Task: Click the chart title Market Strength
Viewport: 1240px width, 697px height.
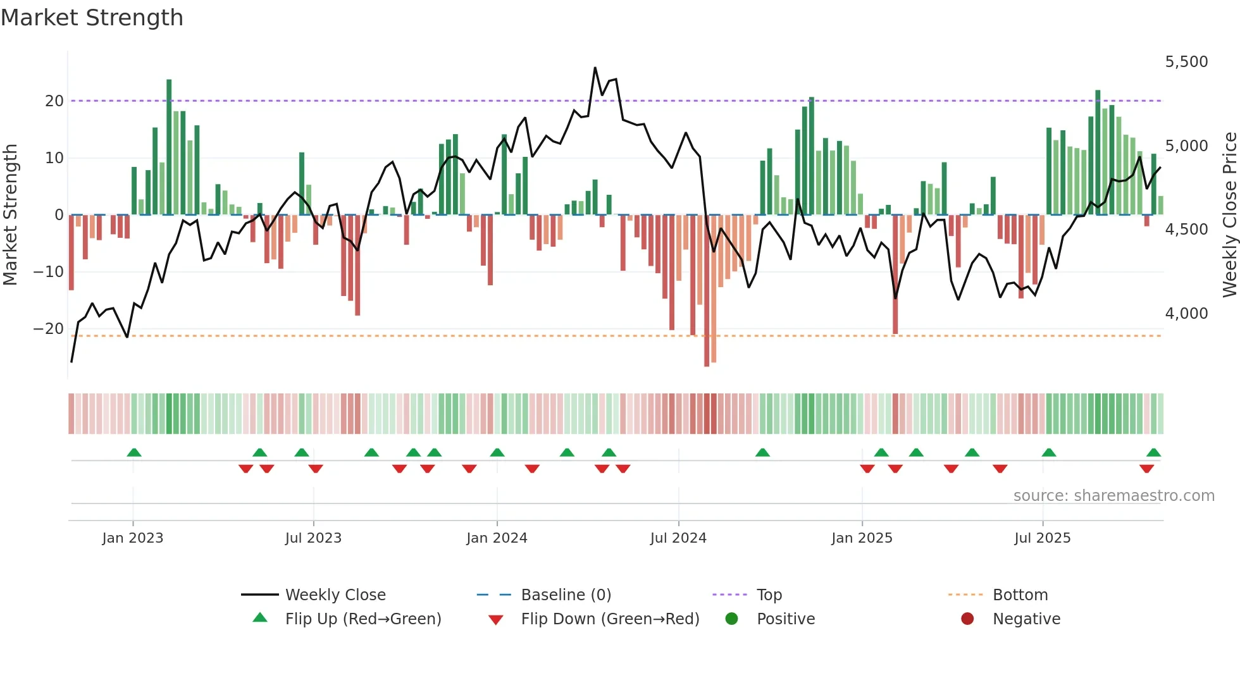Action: coord(92,18)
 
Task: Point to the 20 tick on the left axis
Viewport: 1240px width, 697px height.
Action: coord(54,101)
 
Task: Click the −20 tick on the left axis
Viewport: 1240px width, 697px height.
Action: coord(49,329)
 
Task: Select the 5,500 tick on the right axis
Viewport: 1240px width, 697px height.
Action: coord(1186,62)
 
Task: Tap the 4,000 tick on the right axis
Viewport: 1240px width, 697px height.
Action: coord(1186,314)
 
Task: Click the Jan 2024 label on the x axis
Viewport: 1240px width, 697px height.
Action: coord(497,538)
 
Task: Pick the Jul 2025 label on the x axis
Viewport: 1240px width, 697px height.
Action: coord(1042,538)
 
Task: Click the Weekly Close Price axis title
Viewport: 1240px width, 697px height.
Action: coord(1229,215)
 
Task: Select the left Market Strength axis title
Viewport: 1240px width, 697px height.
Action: coord(11,215)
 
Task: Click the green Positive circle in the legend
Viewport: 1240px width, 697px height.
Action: coord(732,619)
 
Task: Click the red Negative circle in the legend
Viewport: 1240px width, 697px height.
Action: coord(967,619)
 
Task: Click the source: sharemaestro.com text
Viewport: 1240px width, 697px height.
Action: coord(1113,496)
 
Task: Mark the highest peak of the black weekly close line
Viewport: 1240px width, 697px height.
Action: coord(595,68)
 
